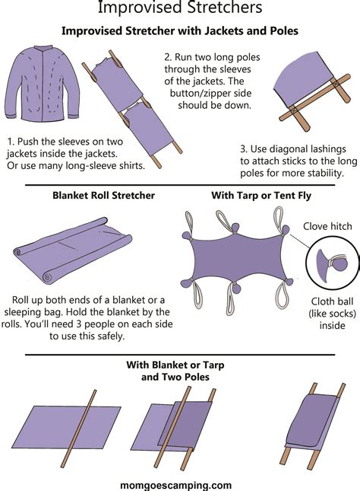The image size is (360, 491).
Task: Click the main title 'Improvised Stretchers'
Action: (x=180, y=9)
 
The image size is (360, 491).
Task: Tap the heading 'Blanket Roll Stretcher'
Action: (x=103, y=196)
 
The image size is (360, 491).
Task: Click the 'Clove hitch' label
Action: (x=327, y=226)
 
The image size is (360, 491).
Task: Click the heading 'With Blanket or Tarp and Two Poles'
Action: (x=180, y=371)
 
